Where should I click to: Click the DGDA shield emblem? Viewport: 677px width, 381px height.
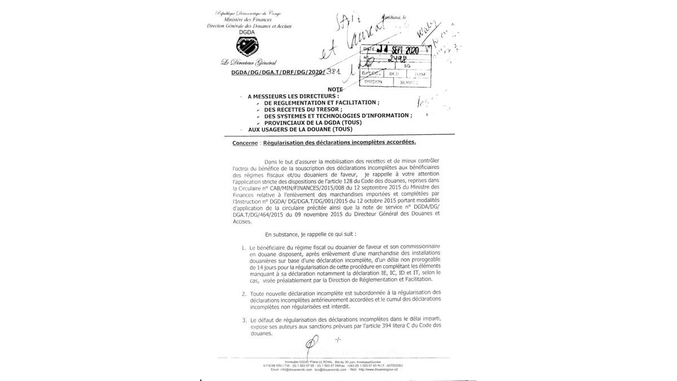(x=247, y=46)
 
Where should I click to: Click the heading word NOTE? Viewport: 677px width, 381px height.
(x=335, y=90)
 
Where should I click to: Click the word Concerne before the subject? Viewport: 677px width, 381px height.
(x=245, y=143)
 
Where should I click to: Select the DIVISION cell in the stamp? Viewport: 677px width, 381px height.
(x=373, y=82)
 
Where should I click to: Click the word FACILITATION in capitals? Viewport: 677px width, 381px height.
(x=353, y=103)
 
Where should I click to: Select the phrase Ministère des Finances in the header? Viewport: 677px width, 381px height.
(x=248, y=20)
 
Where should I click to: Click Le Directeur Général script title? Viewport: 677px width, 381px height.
(x=249, y=62)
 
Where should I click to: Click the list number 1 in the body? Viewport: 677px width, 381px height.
(x=243, y=248)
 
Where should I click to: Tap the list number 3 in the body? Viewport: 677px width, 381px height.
(x=244, y=320)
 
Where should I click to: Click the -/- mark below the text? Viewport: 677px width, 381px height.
(x=338, y=340)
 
